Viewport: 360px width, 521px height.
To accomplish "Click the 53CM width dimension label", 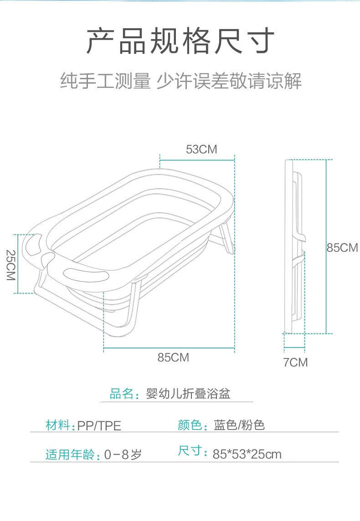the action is [x=201, y=149].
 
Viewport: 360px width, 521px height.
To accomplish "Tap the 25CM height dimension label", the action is [x=10, y=265].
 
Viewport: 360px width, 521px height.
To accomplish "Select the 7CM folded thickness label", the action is [x=295, y=362].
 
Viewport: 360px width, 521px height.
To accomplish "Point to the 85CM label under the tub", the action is [x=173, y=358].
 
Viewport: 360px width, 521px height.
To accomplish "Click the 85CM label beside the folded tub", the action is [x=342, y=248].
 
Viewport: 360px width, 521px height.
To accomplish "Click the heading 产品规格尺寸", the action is [x=180, y=41].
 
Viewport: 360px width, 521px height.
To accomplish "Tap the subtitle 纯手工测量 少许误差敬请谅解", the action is [x=181, y=81].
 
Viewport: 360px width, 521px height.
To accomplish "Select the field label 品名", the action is [x=122, y=394].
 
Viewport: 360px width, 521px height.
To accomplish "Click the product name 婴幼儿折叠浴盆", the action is [x=188, y=394].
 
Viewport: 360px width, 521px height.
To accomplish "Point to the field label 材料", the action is [x=58, y=425].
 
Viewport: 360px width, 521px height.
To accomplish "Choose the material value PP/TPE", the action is [x=99, y=426].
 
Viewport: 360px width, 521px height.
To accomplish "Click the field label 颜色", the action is [x=190, y=425].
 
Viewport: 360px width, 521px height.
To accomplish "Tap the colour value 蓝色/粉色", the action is [x=239, y=425].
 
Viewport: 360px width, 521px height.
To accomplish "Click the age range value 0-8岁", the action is [x=123, y=455].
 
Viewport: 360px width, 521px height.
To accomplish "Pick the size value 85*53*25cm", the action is [x=247, y=454].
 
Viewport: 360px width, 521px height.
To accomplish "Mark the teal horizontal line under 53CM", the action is [x=197, y=160].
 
